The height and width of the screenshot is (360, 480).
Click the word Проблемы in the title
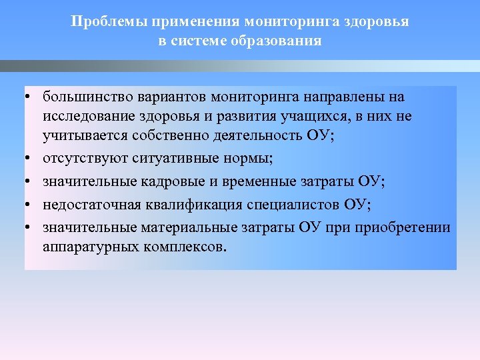(x=109, y=21)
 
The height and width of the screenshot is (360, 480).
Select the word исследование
(x=85, y=117)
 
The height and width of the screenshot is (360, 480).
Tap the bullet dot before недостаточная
(x=29, y=204)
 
